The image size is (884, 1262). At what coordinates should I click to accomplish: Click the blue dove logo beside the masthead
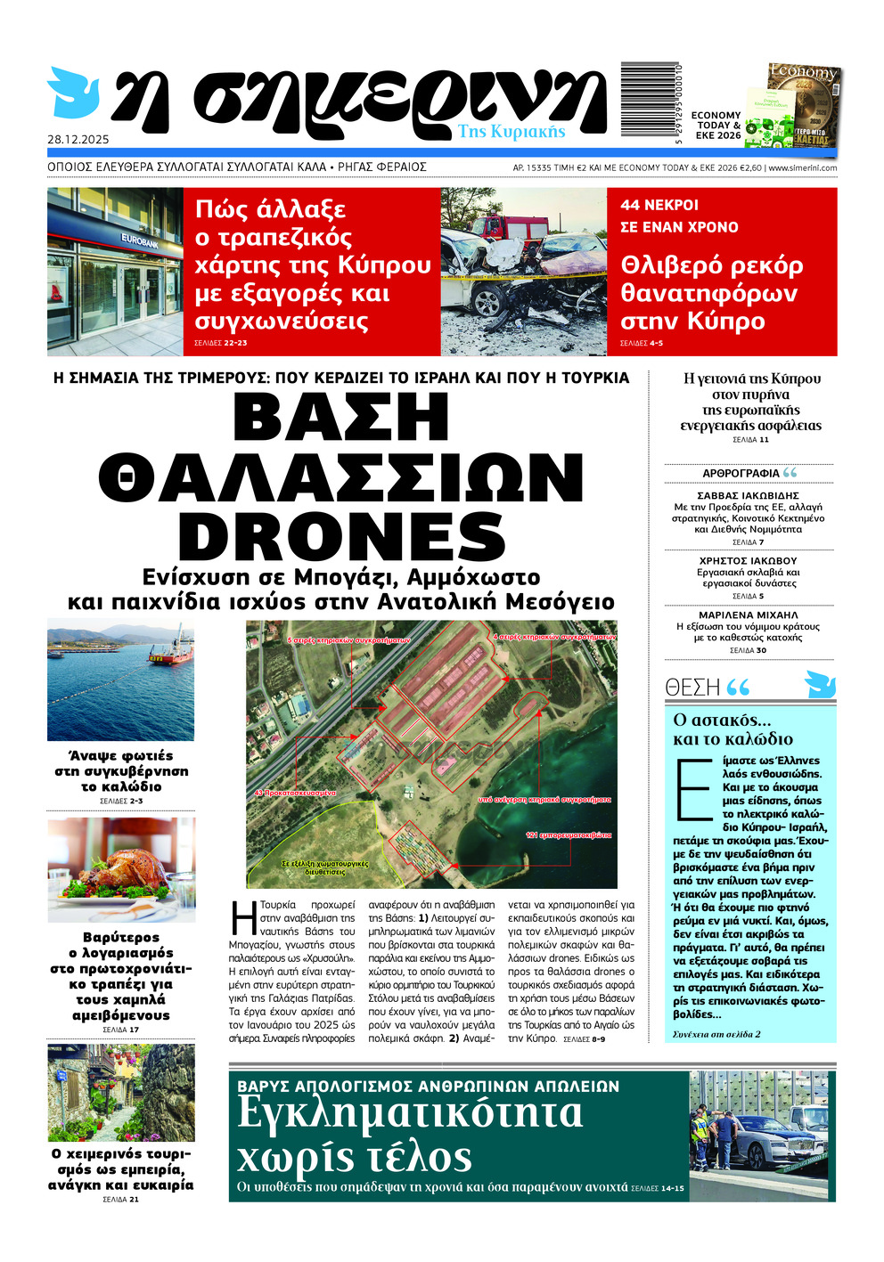pyautogui.click(x=73, y=92)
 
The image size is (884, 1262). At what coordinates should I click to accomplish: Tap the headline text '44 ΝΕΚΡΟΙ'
pyautogui.click(x=659, y=205)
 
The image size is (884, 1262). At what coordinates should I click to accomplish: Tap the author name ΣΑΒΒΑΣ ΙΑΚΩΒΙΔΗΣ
pyautogui.click(x=748, y=495)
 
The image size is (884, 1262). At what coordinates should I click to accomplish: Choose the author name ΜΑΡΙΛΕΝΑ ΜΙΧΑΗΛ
pyautogui.click(x=748, y=615)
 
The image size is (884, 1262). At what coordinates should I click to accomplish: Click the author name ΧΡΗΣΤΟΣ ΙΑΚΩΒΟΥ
pyautogui.click(x=748, y=561)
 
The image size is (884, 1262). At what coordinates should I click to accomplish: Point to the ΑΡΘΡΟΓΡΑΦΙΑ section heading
pyautogui.click(x=741, y=473)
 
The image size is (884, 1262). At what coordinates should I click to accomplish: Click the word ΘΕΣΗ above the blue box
pyautogui.click(x=692, y=687)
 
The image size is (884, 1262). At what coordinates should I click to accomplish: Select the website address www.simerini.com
pyautogui.click(x=802, y=167)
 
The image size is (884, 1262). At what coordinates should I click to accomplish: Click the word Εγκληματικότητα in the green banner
pyautogui.click(x=410, y=1114)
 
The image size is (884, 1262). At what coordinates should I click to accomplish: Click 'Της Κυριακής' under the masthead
pyautogui.click(x=512, y=132)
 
